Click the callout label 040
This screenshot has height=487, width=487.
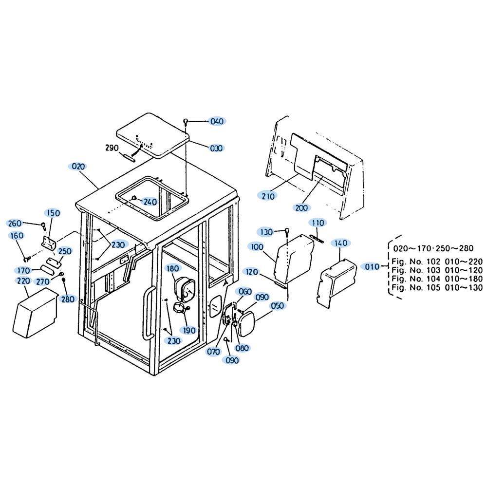[217, 121]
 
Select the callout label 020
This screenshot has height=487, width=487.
[78, 167]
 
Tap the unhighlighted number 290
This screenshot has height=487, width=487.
[112, 148]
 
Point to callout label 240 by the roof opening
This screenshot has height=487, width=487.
[150, 202]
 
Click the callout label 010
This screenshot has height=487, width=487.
[372, 266]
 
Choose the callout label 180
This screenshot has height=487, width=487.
[173, 268]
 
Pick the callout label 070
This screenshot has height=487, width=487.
[213, 352]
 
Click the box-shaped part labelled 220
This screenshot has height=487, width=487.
[35, 313]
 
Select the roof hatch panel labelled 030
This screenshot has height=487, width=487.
[152, 135]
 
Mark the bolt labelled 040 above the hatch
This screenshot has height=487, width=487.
[186, 122]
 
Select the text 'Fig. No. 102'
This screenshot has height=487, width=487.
[415, 262]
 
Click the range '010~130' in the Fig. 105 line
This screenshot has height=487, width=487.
[464, 288]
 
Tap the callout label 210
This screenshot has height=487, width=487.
[268, 196]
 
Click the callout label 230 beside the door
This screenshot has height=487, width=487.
[174, 341]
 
